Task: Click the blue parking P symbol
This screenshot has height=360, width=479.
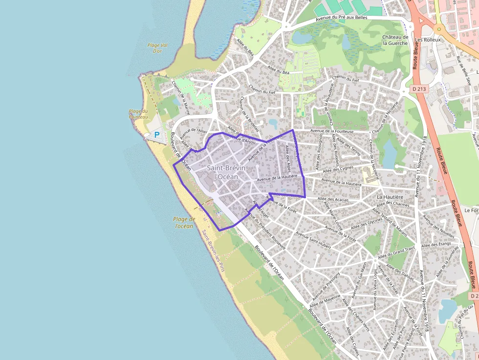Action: click(x=157, y=134)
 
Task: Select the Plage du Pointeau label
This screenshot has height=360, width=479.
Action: click(x=138, y=114)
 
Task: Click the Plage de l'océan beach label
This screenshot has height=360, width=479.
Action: click(x=184, y=222)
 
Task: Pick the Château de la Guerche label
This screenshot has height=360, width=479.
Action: click(x=395, y=40)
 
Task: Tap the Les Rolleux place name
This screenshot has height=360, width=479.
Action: click(x=427, y=40)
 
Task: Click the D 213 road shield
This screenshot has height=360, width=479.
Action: click(x=419, y=89)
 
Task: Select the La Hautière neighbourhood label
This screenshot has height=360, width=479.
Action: click(x=390, y=196)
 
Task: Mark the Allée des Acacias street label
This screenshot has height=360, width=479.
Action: click(x=333, y=199)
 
